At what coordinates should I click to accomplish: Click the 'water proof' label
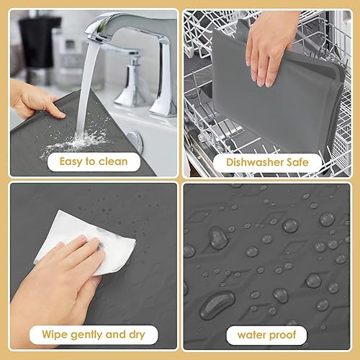pyautogui.click(x=266, y=334)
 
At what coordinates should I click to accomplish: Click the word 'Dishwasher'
pyautogui.click(x=252, y=162)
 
